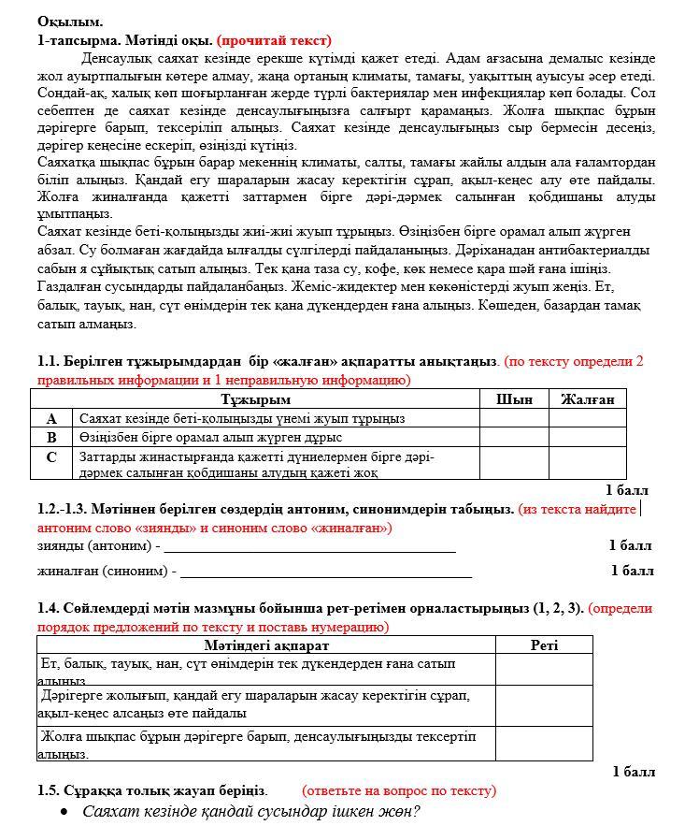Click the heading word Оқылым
pyautogui.click(x=70, y=21)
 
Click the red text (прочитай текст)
pyautogui.click(x=274, y=40)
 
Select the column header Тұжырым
pyautogui.click(x=255, y=399)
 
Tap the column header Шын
pyautogui.click(x=513, y=399)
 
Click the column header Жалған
pyautogui.click(x=587, y=399)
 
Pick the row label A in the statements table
pyautogui.click(x=52, y=419)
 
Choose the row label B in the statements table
pyautogui.click(x=52, y=437)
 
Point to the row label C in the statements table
pyautogui.click(x=52, y=457)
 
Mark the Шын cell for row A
pyautogui.click(x=513, y=419)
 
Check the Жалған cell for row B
pyautogui.click(x=587, y=437)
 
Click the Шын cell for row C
pyautogui.click(x=513, y=463)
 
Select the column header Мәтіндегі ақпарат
pyautogui.click(x=266, y=644)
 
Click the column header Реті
pyautogui.click(x=544, y=644)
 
